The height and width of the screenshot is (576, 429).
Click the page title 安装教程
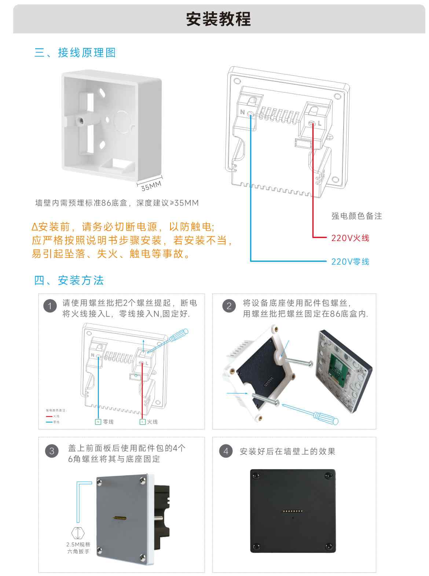[218, 19]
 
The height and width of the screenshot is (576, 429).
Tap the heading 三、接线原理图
[75, 53]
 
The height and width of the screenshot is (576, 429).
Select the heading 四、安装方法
[69, 281]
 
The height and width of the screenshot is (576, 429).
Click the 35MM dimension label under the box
[151, 186]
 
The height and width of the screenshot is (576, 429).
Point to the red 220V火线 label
[350, 238]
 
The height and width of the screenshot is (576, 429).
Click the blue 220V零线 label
[350, 262]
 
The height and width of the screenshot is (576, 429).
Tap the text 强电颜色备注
[356, 216]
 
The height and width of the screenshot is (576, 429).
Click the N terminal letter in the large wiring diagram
[242, 112]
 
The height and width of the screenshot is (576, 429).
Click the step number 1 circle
[50, 306]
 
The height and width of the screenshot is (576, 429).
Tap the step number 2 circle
[229, 306]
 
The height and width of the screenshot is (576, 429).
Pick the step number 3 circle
[52, 451]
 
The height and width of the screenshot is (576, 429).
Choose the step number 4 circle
[226, 451]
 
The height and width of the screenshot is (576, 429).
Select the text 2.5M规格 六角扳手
[78, 548]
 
